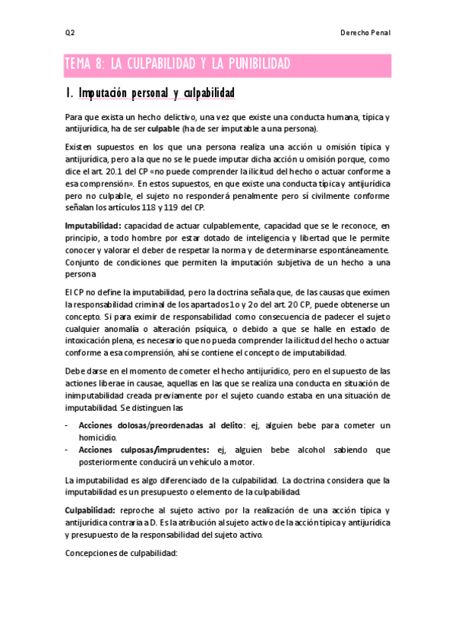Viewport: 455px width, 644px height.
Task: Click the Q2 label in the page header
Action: coord(69,33)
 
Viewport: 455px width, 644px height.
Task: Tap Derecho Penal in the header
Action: coord(367,33)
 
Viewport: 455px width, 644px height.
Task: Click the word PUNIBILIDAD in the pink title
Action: coord(248,65)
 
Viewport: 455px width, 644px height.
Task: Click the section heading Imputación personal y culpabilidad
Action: coord(151,93)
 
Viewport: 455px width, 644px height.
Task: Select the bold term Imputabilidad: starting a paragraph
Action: coord(93,226)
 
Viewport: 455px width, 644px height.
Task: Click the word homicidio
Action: coord(98,438)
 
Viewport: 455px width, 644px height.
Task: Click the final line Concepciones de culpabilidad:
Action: coord(121,553)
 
